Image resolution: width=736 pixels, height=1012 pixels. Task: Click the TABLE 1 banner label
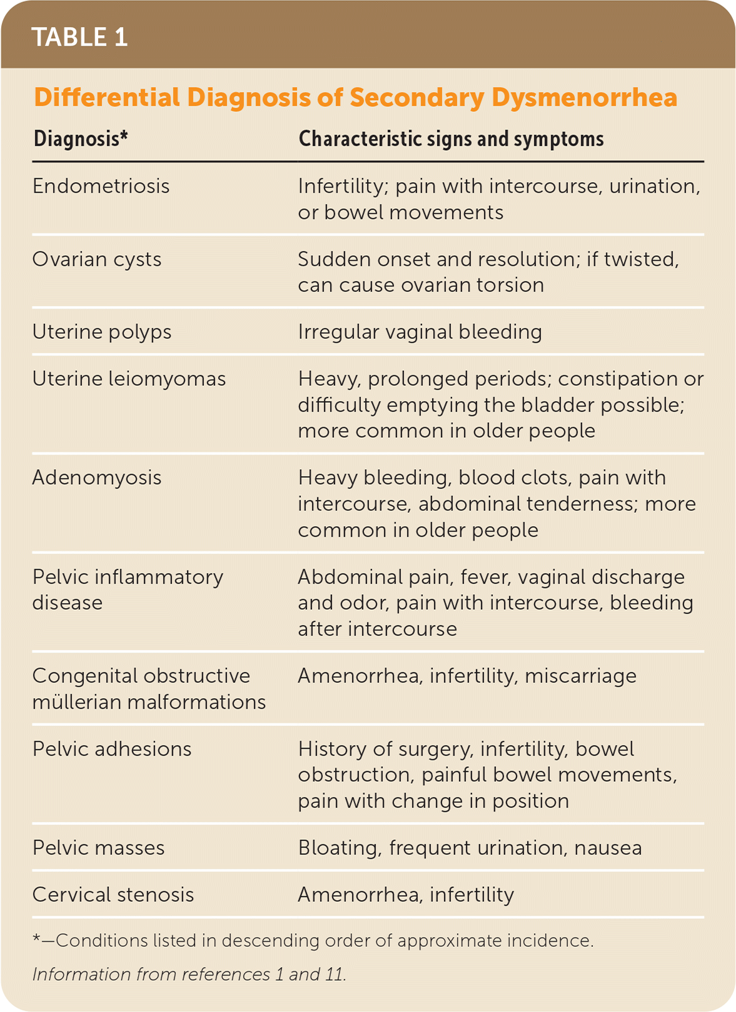[x=79, y=37]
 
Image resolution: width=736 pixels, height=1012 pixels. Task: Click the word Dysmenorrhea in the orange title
[x=584, y=98]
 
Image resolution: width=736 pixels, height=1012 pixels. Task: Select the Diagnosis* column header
[x=81, y=139]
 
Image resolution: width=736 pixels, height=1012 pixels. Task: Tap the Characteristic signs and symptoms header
[x=451, y=139]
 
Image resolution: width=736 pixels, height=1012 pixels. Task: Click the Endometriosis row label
[x=101, y=186]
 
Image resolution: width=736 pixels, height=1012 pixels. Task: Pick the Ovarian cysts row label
[x=97, y=260]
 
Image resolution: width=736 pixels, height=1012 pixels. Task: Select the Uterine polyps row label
[x=102, y=332]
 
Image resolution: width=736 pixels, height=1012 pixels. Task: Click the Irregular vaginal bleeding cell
[x=420, y=332]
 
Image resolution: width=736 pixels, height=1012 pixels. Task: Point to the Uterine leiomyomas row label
[x=129, y=379]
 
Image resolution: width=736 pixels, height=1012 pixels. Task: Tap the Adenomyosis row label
[x=97, y=478]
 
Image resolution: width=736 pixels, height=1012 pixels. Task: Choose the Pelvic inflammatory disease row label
[x=128, y=589]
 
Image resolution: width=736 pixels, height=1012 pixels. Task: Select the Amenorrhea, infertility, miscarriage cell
[x=467, y=676]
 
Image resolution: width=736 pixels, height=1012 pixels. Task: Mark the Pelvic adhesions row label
[x=112, y=749]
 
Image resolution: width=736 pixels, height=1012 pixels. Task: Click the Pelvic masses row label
[x=99, y=848]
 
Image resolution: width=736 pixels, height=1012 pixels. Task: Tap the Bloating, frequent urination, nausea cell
[x=470, y=848]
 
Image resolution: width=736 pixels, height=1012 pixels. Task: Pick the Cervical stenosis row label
[x=113, y=895]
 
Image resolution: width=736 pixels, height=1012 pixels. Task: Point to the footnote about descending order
[x=313, y=941]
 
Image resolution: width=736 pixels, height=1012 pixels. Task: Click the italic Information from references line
[x=189, y=974]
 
